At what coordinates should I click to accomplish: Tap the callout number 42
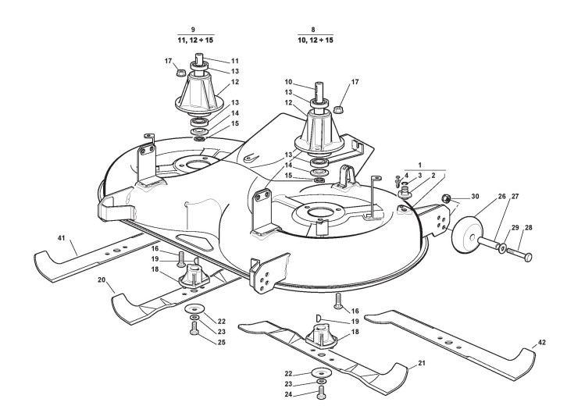click(x=542, y=343)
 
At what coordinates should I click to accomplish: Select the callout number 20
click(x=102, y=279)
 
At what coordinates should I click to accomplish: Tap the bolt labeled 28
click(x=521, y=254)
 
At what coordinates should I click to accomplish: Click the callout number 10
click(x=288, y=83)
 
